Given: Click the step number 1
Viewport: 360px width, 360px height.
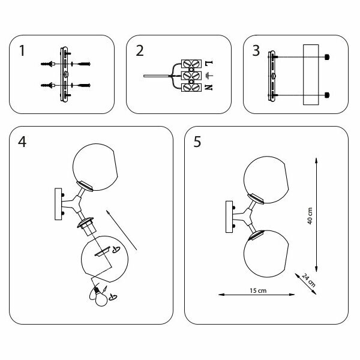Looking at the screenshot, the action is [22, 51].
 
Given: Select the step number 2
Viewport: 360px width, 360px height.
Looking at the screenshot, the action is [140, 51].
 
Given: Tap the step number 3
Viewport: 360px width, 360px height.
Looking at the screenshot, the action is [256, 51].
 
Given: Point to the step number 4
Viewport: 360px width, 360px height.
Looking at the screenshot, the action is [23, 143].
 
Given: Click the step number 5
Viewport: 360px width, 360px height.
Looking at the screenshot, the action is [197, 143].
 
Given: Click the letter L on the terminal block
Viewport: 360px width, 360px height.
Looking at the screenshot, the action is [208, 62].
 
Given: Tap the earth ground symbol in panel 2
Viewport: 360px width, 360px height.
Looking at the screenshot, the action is [208, 76].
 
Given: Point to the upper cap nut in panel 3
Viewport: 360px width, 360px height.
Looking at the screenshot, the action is [328, 57].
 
